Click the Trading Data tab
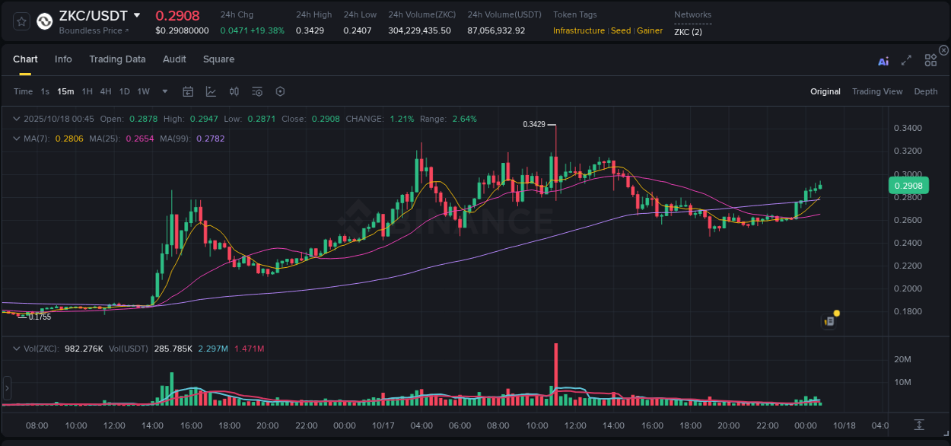pyautogui.click(x=117, y=59)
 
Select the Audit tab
pyautogui.click(x=174, y=59)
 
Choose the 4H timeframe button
pyautogui.click(x=106, y=91)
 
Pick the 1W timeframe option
pyautogui.click(x=143, y=91)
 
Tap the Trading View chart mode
pyautogui.click(x=877, y=91)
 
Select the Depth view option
pyautogui.click(x=926, y=91)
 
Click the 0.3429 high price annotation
pyautogui.click(x=534, y=124)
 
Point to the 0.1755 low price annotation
pyautogui.click(x=40, y=317)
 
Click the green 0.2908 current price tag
pyautogui.click(x=908, y=186)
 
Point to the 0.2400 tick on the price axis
pyautogui.click(x=907, y=243)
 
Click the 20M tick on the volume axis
pyautogui.click(x=903, y=359)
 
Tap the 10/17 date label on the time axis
pyautogui.click(x=383, y=425)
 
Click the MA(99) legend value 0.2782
pyautogui.click(x=210, y=139)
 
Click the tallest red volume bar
pyautogui.click(x=556, y=374)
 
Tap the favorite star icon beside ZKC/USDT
pyautogui.click(x=22, y=21)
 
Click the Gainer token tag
pyautogui.click(x=650, y=30)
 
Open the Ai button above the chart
pyautogui.click(x=883, y=62)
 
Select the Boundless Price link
pyautogui.click(x=93, y=30)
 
